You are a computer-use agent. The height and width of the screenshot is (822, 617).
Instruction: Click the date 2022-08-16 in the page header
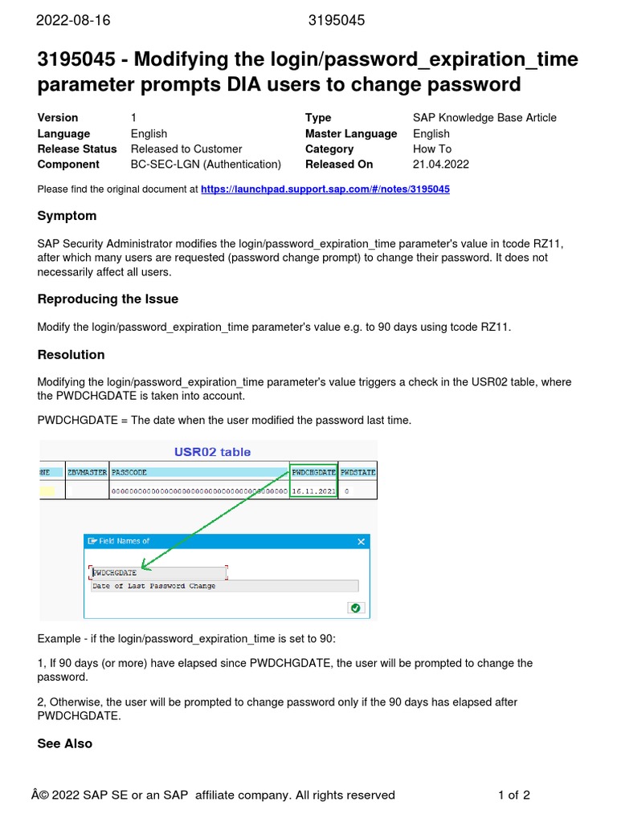pyautogui.click(x=73, y=21)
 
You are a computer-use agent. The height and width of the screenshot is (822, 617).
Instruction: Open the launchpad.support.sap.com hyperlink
pyautogui.click(x=325, y=189)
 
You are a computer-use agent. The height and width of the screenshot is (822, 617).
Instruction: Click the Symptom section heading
pyautogui.click(x=67, y=216)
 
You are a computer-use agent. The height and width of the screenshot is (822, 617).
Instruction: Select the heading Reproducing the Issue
pyautogui.click(x=108, y=299)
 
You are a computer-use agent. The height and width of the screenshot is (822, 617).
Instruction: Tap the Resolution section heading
pyautogui.click(x=71, y=355)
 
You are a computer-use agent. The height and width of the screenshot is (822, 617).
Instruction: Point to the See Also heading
pyautogui.click(x=64, y=743)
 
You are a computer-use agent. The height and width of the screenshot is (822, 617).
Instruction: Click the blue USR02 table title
pyautogui.click(x=212, y=452)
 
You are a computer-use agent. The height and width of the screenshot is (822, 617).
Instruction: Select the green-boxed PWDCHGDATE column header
pyautogui.click(x=313, y=473)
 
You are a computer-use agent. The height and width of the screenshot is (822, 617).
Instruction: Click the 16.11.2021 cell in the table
pyautogui.click(x=313, y=490)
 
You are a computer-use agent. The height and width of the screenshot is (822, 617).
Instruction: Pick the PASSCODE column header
pyautogui.click(x=129, y=473)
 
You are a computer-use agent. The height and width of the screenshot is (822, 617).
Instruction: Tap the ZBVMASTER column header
pyautogui.click(x=87, y=473)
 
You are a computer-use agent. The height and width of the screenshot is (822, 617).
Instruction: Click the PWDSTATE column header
pyautogui.click(x=358, y=473)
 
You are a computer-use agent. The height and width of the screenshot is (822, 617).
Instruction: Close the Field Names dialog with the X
pyautogui.click(x=361, y=542)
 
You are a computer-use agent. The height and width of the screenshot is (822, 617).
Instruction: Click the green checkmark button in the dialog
pyautogui.click(x=356, y=608)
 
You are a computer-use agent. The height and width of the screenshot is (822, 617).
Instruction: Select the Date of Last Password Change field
pyautogui.click(x=154, y=586)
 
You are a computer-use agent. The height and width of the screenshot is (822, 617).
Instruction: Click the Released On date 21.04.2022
pyautogui.click(x=441, y=165)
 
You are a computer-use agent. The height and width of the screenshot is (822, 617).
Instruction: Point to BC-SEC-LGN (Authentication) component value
pyautogui.click(x=206, y=165)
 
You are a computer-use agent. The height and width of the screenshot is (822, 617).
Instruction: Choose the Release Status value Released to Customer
pyautogui.click(x=186, y=149)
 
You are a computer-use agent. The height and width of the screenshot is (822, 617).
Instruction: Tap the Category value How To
pyautogui.click(x=432, y=149)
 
